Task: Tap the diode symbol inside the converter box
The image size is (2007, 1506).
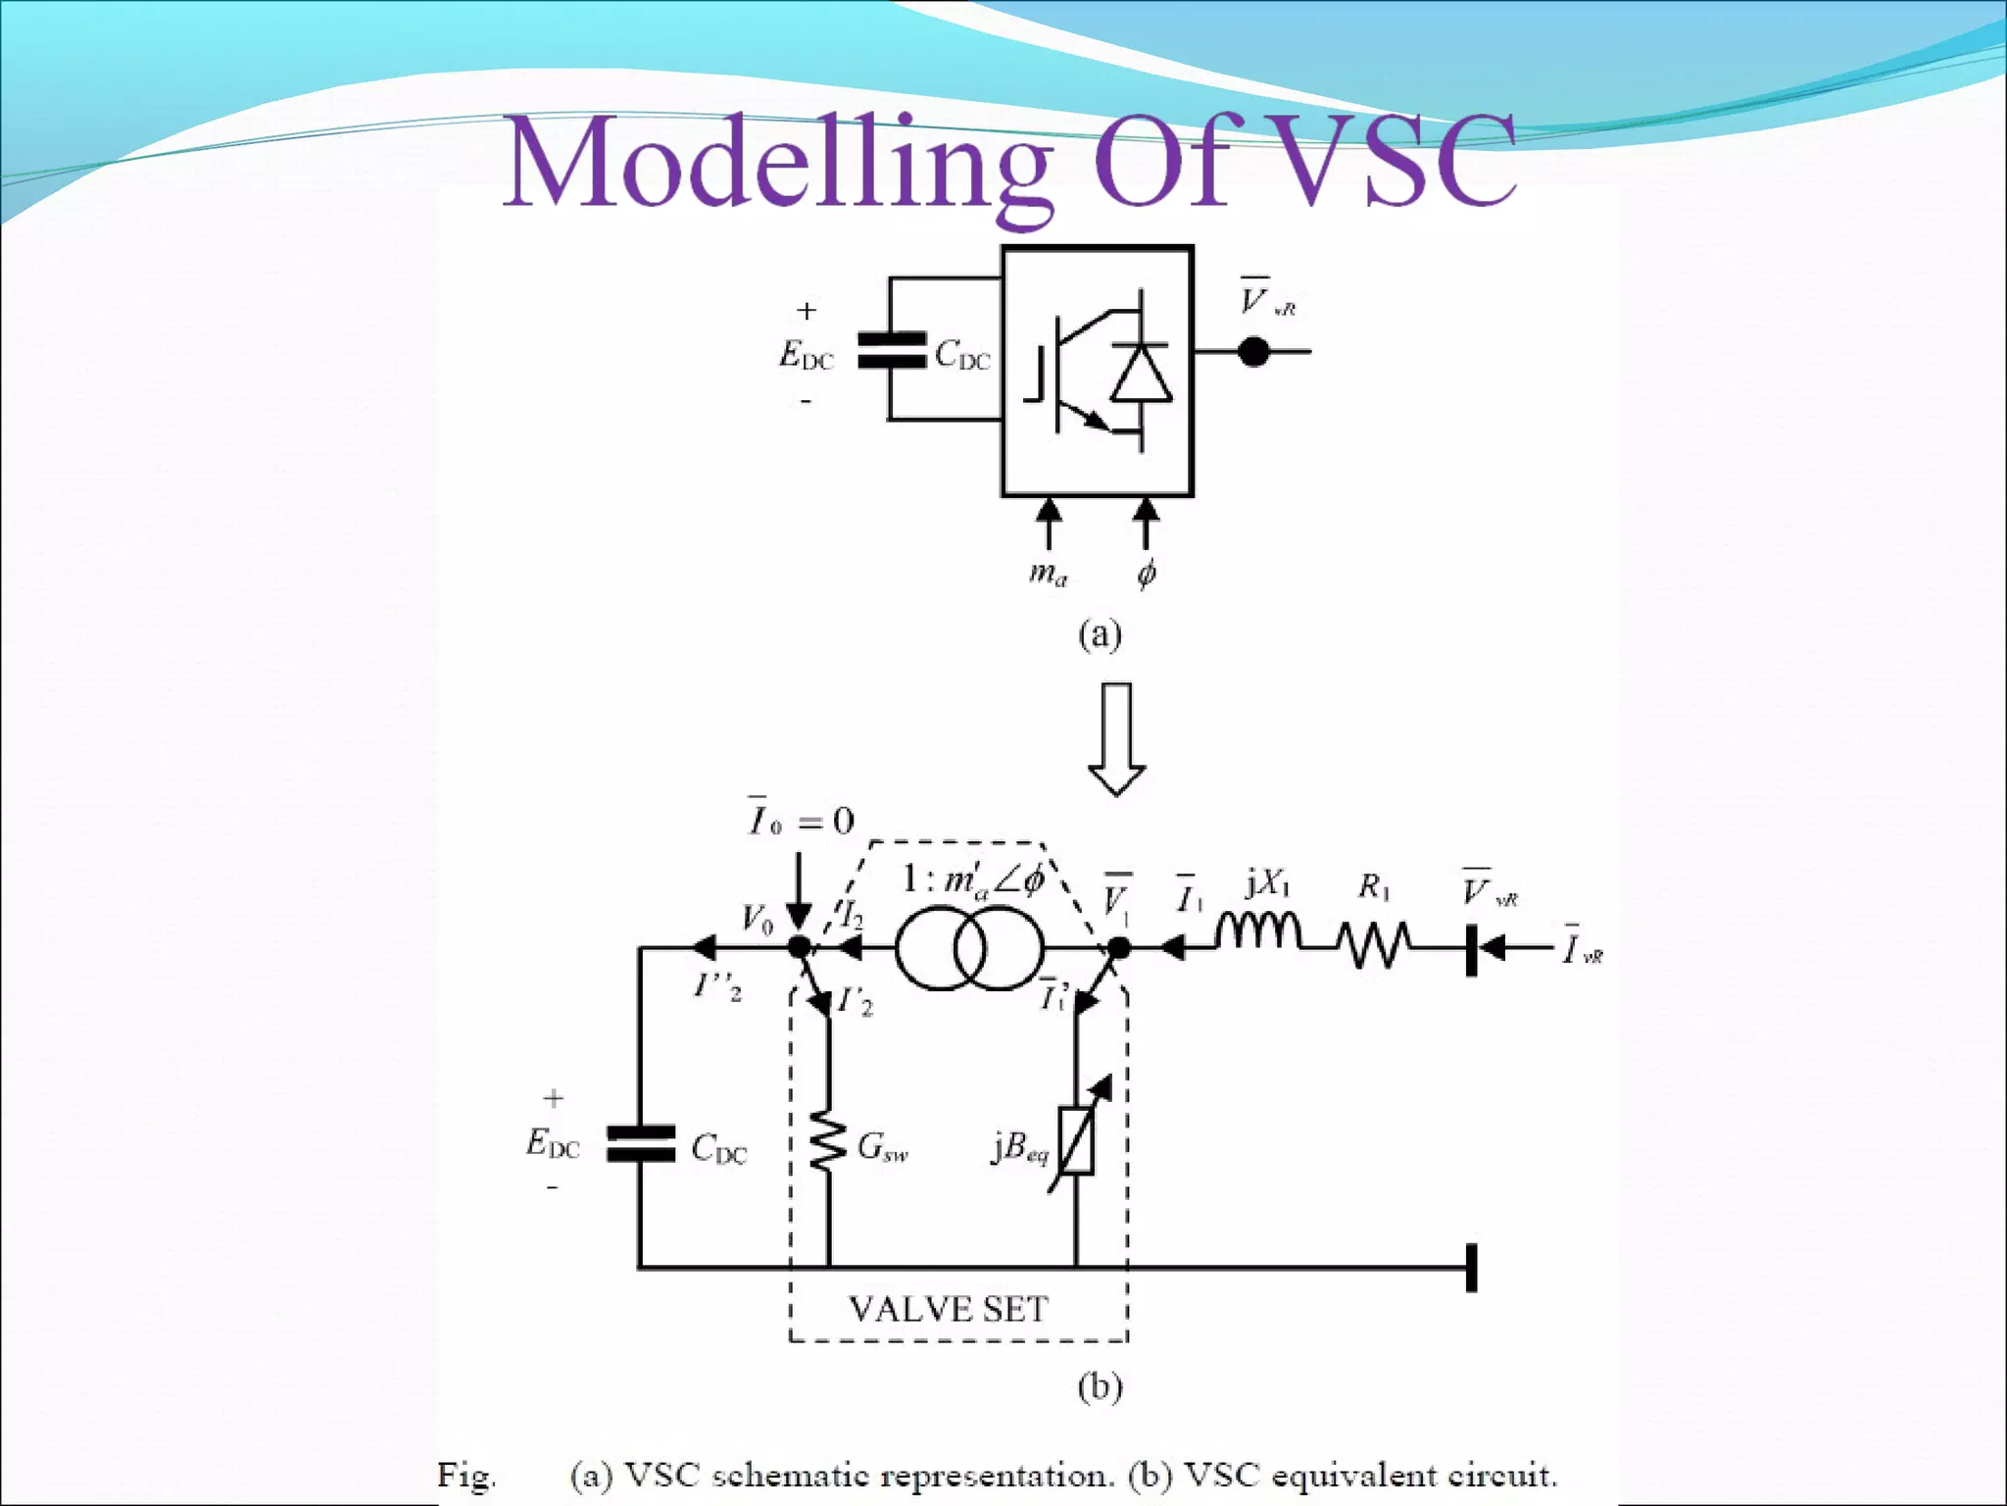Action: click(x=1141, y=374)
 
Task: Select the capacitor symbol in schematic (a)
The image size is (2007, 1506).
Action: click(x=891, y=350)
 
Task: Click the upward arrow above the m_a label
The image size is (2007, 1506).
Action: click(x=1049, y=523)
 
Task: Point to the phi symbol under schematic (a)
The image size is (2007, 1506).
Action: click(x=1147, y=572)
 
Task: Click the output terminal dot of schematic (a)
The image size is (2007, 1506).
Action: click(x=1253, y=351)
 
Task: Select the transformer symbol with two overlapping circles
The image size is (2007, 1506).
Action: click(x=969, y=948)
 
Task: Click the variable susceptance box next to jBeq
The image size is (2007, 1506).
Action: click(x=1077, y=1139)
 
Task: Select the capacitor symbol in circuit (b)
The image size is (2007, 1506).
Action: click(x=641, y=1144)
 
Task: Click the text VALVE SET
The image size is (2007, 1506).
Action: click(x=948, y=1309)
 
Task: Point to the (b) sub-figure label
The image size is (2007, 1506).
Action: click(x=1100, y=1386)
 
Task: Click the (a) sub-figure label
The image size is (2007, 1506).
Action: click(x=1100, y=634)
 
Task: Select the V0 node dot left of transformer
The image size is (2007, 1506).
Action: click(x=800, y=947)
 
